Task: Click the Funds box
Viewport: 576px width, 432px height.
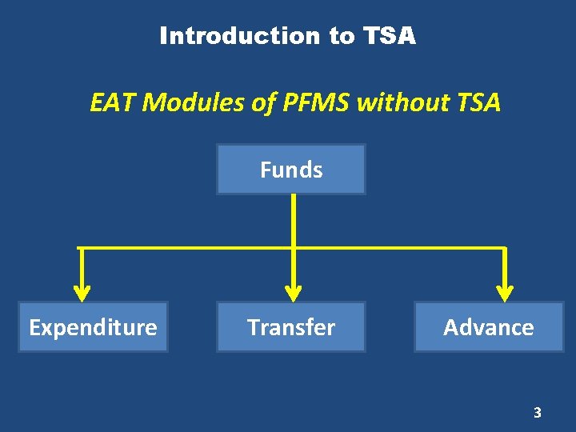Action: click(x=291, y=170)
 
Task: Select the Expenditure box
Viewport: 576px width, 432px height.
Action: click(x=93, y=327)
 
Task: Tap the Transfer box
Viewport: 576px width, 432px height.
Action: click(x=291, y=327)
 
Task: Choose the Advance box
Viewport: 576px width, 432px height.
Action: click(x=489, y=327)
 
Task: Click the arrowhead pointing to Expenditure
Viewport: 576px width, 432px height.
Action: click(x=81, y=290)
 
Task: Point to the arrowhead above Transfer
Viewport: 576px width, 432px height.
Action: click(x=294, y=290)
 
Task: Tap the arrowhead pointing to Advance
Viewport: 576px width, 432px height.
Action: click(x=506, y=290)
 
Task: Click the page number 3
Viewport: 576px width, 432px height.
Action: click(x=538, y=413)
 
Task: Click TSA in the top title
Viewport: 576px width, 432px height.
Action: click(x=390, y=36)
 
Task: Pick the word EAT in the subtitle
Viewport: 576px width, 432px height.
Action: click(x=112, y=102)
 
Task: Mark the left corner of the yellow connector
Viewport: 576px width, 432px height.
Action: click(x=81, y=249)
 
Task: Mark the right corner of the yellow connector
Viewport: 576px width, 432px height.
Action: click(x=506, y=249)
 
